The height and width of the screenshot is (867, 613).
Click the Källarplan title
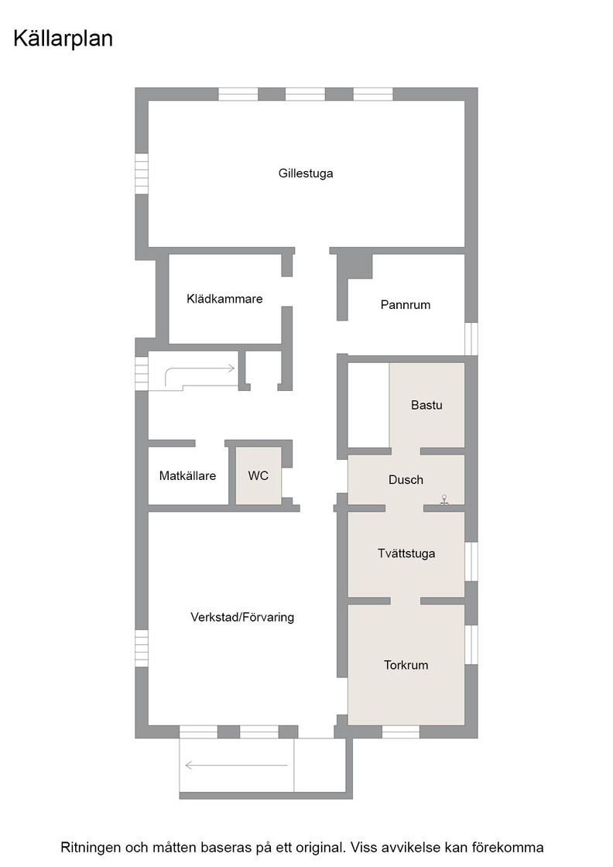click(x=63, y=39)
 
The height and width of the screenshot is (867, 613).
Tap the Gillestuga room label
click(x=306, y=173)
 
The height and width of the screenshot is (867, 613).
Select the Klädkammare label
click(x=224, y=299)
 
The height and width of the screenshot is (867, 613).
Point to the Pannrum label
click(x=405, y=305)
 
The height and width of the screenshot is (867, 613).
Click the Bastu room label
click(x=426, y=406)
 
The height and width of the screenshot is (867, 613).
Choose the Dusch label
click(x=406, y=480)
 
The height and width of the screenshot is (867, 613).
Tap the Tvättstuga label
click(x=406, y=553)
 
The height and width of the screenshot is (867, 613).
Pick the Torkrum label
click(x=406, y=665)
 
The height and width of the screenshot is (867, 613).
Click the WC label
click(x=259, y=475)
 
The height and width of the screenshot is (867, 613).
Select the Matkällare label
click(x=187, y=475)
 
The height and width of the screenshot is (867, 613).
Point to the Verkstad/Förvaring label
click(x=242, y=617)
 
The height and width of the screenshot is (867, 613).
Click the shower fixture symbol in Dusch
click(x=443, y=500)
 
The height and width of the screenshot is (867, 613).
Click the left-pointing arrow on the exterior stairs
click(x=237, y=766)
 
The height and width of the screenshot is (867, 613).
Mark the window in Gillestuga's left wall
click(x=142, y=173)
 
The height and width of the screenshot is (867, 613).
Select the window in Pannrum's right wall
click(x=471, y=338)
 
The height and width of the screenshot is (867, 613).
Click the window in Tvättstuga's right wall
click(x=471, y=561)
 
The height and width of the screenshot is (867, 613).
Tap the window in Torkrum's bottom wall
click(x=401, y=732)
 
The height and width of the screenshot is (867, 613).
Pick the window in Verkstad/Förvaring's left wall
click(x=142, y=648)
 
